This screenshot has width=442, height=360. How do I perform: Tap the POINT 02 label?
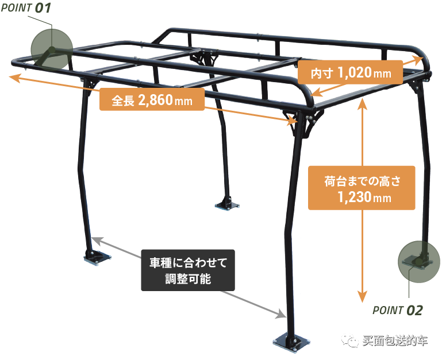coord(398,311)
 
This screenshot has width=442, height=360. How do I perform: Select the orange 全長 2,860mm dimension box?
coord(152,101)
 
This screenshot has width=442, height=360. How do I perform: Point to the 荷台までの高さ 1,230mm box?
coord(362,189)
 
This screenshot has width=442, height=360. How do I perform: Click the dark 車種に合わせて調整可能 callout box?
coord(189,271)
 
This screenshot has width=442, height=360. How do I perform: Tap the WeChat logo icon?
coord(349,341)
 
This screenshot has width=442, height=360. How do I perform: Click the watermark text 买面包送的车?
coord(395,341)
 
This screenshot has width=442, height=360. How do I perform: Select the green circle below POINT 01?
coord(51,49)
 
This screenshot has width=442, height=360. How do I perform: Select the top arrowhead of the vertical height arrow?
coord(362,101)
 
